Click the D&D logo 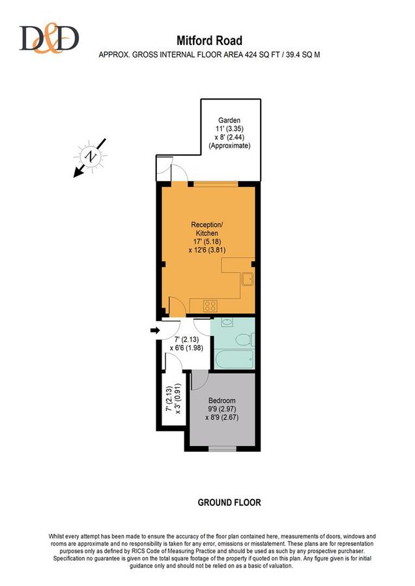[x=49, y=38]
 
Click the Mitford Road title [x=209, y=40]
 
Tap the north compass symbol [x=90, y=158]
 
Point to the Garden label [x=229, y=120]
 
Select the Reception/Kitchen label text [x=207, y=229]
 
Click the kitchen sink [x=248, y=279]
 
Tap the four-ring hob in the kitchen [x=210, y=306]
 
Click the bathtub [x=235, y=359]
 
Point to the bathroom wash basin [x=227, y=322]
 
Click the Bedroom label [x=222, y=400]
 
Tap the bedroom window [x=222, y=449]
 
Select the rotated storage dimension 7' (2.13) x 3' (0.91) [x=174, y=400]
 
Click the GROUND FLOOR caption [x=229, y=503]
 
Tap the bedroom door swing [x=199, y=380]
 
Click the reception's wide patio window [x=216, y=184]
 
